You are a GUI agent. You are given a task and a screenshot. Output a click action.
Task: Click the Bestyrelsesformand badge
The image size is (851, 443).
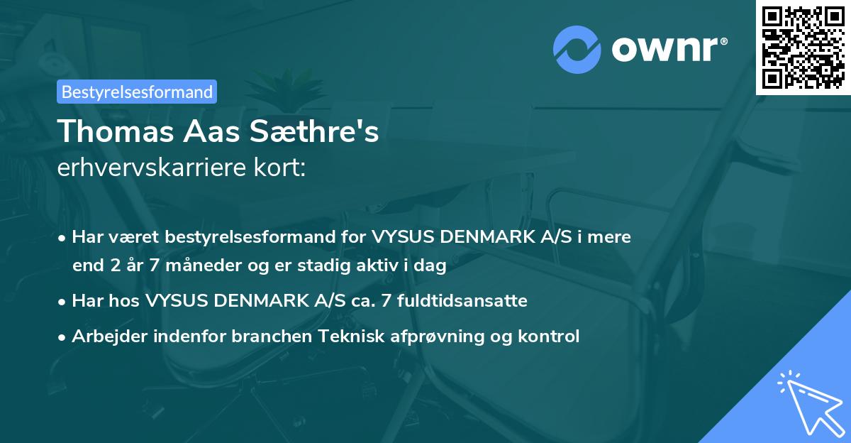(x=137, y=92)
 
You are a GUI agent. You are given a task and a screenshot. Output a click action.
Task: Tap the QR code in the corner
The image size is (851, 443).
(x=803, y=47)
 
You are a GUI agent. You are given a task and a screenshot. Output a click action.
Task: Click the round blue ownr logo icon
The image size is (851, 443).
(x=577, y=49)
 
